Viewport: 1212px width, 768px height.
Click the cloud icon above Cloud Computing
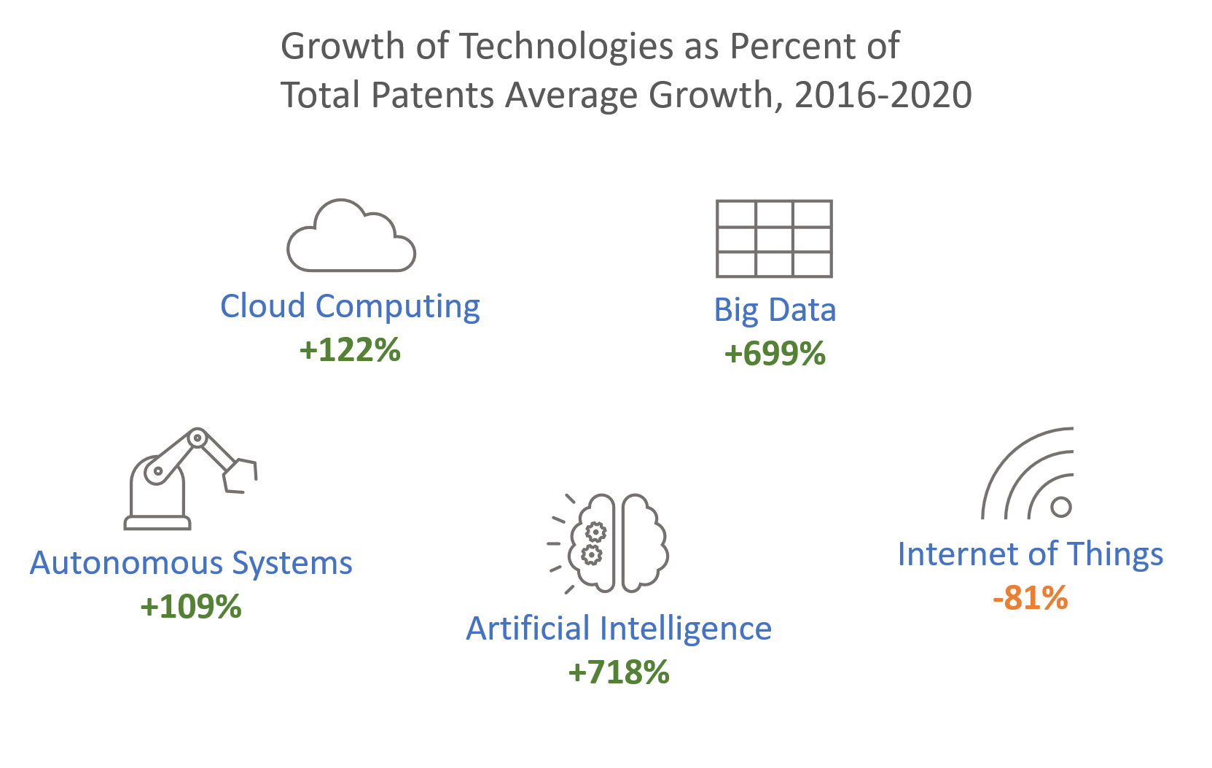(x=351, y=237)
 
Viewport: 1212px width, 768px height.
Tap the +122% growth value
(x=350, y=350)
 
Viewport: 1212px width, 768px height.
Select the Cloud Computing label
(x=350, y=306)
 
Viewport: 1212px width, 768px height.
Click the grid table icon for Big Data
(x=774, y=238)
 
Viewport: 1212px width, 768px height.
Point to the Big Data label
(x=775, y=310)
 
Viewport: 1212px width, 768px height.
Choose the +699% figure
(x=775, y=354)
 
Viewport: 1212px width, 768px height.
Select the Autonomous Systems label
(x=191, y=563)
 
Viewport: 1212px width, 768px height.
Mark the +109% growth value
(x=191, y=607)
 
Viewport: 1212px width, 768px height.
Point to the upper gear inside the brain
(x=595, y=532)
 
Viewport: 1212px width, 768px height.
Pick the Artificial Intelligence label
(x=619, y=629)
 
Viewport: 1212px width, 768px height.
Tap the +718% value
(x=619, y=672)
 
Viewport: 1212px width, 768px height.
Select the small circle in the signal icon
(x=1061, y=507)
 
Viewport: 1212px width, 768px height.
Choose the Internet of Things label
(x=1030, y=554)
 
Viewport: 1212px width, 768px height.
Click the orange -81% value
(x=1030, y=598)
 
